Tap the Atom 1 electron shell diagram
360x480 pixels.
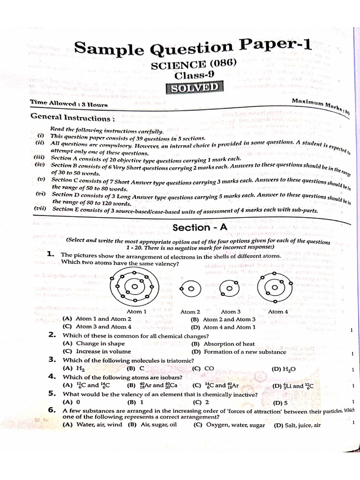click(135, 286)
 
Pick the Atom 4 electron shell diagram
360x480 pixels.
click(274, 287)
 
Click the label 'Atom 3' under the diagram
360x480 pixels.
click(231, 312)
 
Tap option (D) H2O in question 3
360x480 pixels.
click(284, 369)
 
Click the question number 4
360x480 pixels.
click(52, 377)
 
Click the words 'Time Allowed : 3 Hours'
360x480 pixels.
click(69, 103)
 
